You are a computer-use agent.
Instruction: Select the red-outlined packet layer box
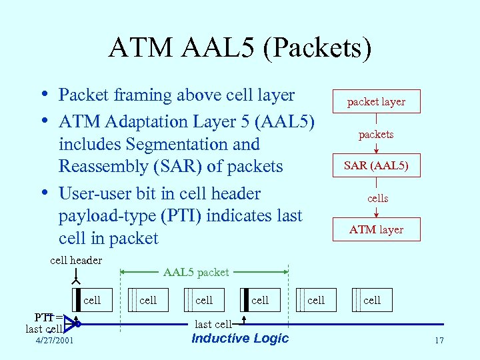(x=376, y=101)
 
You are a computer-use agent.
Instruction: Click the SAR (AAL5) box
(x=376, y=165)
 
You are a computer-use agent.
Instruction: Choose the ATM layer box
(x=376, y=229)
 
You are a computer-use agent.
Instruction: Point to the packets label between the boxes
(x=376, y=135)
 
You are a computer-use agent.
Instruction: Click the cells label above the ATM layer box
(x=377, y=199)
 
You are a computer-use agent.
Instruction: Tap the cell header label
(x=76, y=260)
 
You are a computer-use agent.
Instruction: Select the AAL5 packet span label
(x=196, y=272)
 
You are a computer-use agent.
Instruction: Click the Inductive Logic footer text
(x=240, y=338)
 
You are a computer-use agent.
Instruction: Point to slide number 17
(x=439, y=341)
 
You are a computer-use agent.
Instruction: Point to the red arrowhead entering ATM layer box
(x=376, y=214)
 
